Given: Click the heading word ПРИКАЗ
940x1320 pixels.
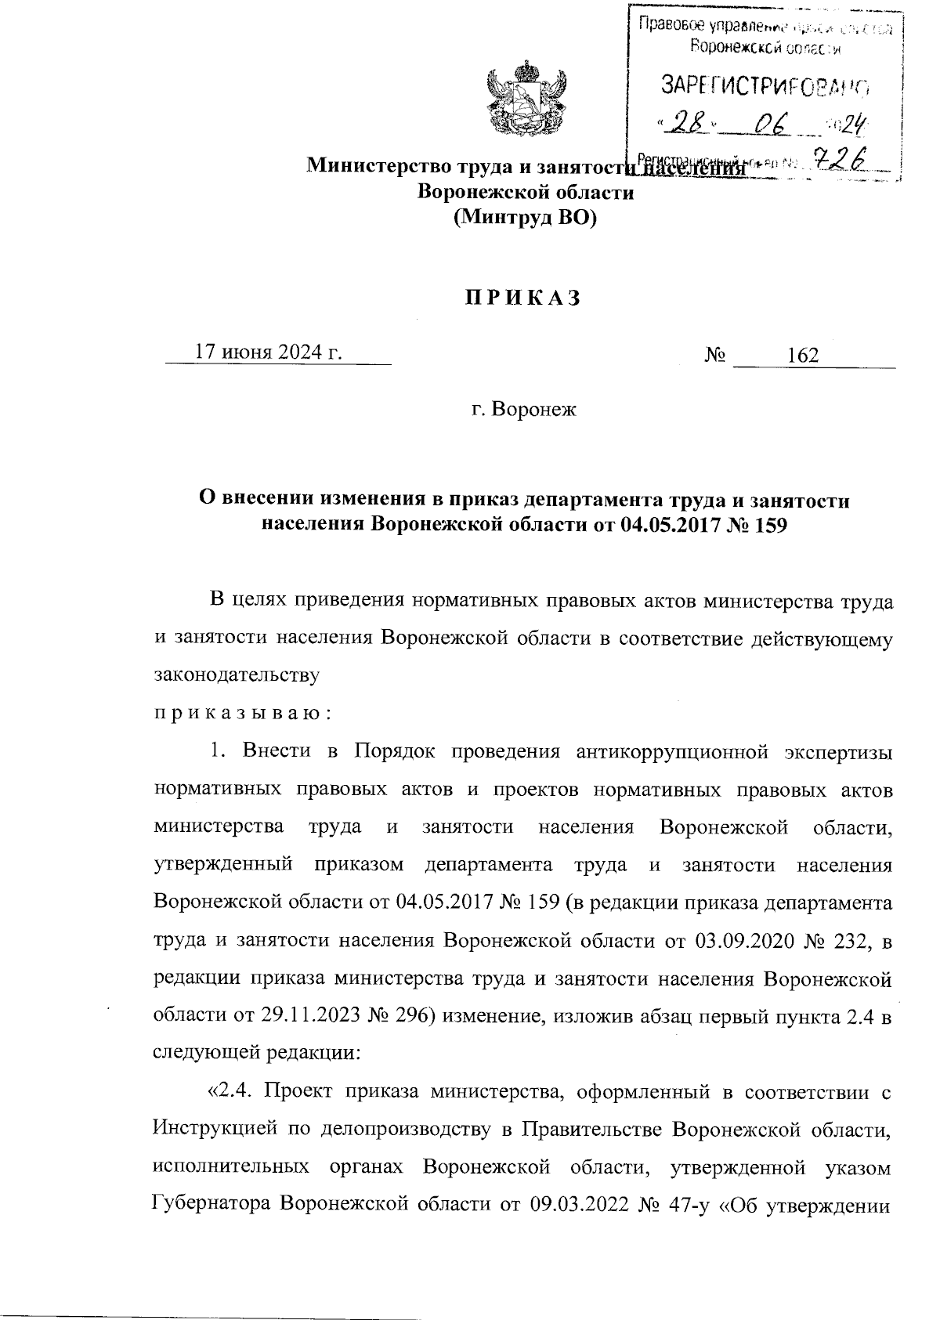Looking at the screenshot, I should (523, 298).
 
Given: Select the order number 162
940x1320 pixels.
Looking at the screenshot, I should (803, 356).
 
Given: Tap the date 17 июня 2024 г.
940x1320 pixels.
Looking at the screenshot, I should (268, 353).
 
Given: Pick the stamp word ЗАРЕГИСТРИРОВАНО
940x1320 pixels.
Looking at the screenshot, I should (765, 85).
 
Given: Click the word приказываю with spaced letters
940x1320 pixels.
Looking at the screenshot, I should (244, 714).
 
